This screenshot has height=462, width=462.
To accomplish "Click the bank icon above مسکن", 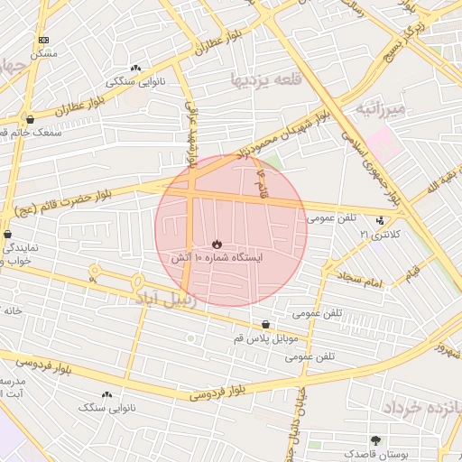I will (x=44, y=41).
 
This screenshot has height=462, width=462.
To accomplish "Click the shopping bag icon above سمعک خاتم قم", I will (x=31, y=118).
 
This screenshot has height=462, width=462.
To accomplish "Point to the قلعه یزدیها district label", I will (x=262, y=79).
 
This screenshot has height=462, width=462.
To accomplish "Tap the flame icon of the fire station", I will (x=217, y=244).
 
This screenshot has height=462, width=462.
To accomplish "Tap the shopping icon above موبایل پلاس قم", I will (x=265, y=324).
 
